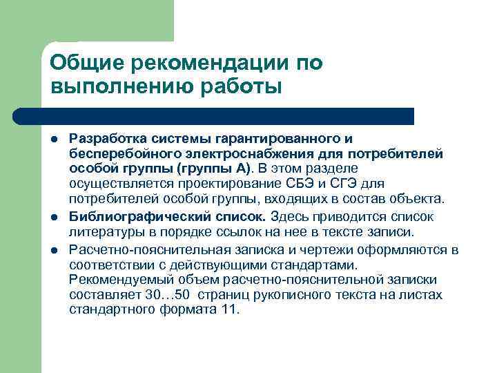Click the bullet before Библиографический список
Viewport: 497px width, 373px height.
point(55,218)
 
